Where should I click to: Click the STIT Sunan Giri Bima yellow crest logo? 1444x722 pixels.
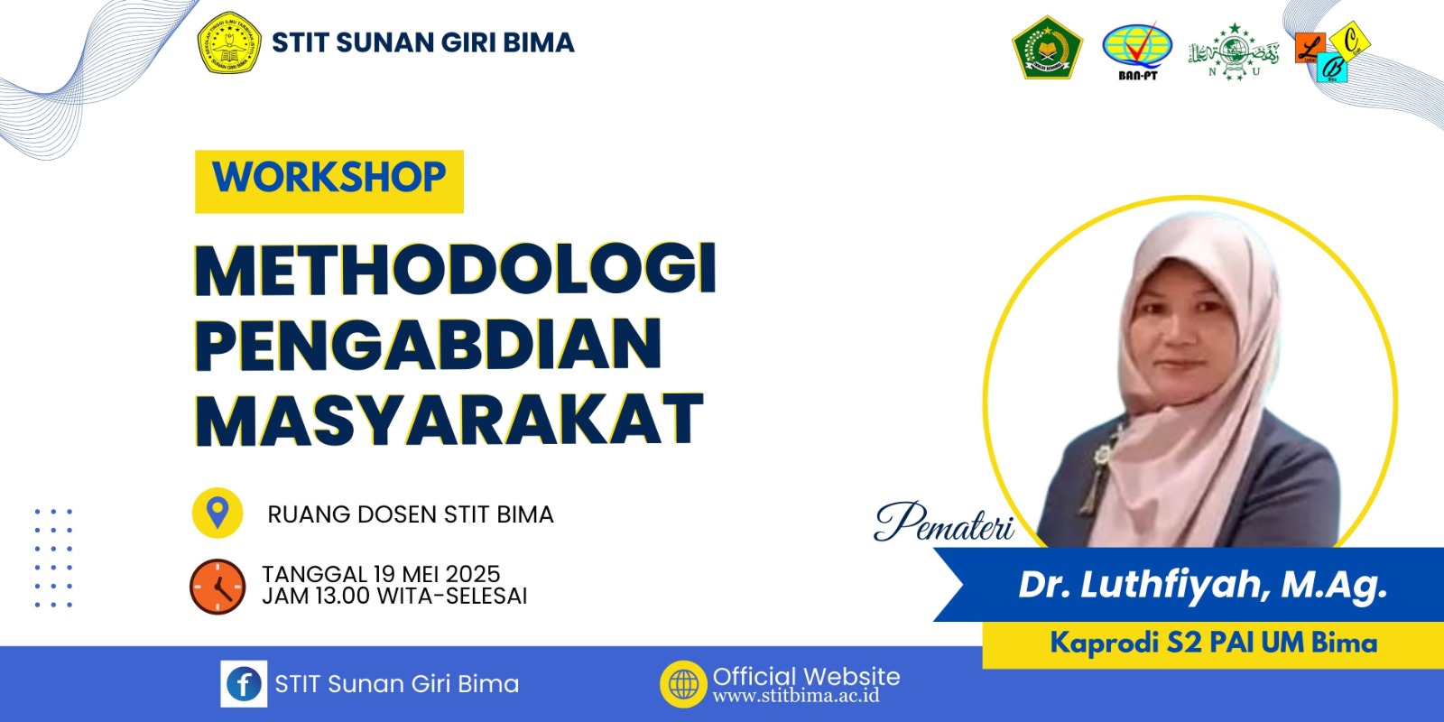click(229, 42)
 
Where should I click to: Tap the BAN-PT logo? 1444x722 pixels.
click(1136, 49)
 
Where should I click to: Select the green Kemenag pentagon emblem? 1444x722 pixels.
click(1046, 48)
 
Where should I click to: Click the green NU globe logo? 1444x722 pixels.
click(1233, 52)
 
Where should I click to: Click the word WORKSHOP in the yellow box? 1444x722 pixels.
click(329, 178)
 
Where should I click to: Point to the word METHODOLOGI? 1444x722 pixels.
click(456, 269)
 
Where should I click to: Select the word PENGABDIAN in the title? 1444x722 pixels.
click(429, 345)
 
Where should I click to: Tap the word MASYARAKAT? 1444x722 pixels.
click(449, 420)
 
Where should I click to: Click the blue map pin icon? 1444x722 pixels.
click(217, 513)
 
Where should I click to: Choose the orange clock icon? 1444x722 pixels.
click(218, 587)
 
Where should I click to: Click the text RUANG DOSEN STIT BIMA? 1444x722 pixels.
click(411, 514)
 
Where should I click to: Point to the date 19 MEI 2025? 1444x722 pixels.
click(437, 574)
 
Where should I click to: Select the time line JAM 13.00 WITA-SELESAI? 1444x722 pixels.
click(394, 597)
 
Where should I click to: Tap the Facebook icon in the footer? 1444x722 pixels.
click(244, 684)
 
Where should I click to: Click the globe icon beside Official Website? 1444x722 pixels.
click(683, 684)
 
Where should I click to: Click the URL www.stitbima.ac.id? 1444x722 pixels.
click(795, 696)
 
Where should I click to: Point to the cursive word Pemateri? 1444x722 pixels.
click(944, 523)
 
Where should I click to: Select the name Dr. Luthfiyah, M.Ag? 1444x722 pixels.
click(1202, 585)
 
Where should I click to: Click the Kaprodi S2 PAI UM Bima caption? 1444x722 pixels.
click(1213, 643)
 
